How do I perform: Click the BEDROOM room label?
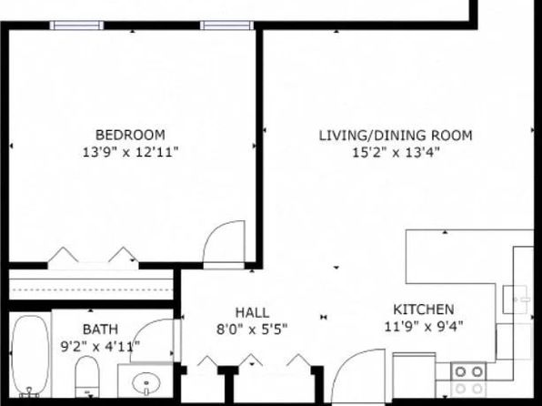[130, 135]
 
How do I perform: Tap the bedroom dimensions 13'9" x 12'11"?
[130, 152]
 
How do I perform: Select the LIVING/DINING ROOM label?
[395, 136]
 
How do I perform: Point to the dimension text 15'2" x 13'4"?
[396, 152]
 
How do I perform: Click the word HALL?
[252, 313]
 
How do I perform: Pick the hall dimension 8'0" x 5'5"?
[252, 330]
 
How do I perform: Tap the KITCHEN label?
[424, 310]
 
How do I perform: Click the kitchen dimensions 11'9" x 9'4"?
[424, 326]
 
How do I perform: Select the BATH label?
[100, 330]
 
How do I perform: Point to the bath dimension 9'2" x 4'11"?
[100, 346]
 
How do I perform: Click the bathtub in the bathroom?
[30, 355]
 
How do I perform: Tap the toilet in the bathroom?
[87, 377]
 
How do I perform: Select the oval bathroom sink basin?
[146, 383]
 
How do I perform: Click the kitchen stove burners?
[468, 380]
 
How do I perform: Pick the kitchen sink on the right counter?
[517, 299]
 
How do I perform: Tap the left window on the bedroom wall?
[76, 25]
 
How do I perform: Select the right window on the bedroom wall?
[226, 25]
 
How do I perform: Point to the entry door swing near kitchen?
[349, 360]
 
